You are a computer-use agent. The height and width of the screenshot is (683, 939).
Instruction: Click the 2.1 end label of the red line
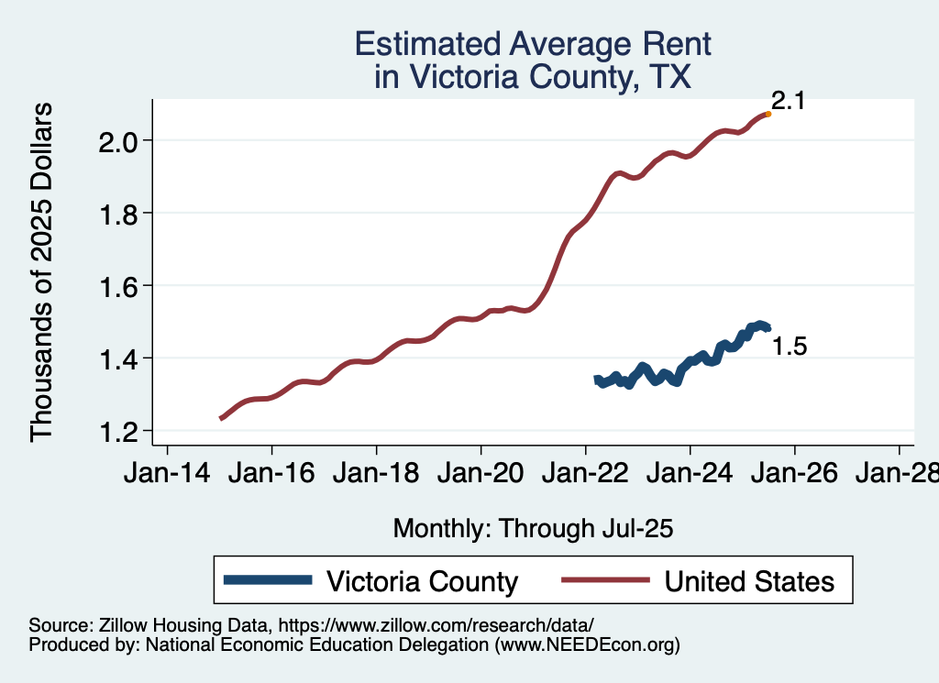coord(788,101)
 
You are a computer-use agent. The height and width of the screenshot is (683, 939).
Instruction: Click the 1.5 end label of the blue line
coord(789,347)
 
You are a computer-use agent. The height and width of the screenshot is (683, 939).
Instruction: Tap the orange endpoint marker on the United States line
coord(768,114)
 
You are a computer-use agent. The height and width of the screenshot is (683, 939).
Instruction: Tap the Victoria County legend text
coord(422,581)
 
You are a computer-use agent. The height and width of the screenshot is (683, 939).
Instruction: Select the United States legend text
coord(749,581)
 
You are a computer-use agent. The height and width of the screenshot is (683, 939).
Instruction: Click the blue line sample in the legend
coord(267,580)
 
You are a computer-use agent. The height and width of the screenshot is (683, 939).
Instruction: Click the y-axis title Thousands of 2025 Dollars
coord(42,272)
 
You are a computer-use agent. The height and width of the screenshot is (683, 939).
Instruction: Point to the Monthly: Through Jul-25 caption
coord(533,528)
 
